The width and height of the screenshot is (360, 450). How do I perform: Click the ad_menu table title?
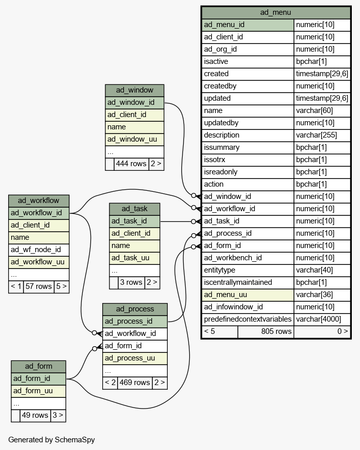(x=276, y=13)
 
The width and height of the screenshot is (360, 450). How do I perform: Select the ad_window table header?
(x=134, y=91)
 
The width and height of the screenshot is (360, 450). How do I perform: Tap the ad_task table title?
(x=134, y=209)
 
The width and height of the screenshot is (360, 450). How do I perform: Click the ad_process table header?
(x=135, y=309)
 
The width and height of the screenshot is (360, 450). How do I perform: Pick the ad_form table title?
(x=38, y=367)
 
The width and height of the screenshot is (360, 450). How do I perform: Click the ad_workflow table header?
(x=39, y=201)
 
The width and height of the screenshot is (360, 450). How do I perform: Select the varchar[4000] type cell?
(x=322, y=320)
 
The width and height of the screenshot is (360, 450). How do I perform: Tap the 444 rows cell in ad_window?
(x=131, y=164)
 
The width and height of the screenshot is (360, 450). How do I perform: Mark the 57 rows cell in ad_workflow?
(x=38, y=287)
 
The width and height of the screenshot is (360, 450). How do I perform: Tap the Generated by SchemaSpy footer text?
(x=51, y=440)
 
